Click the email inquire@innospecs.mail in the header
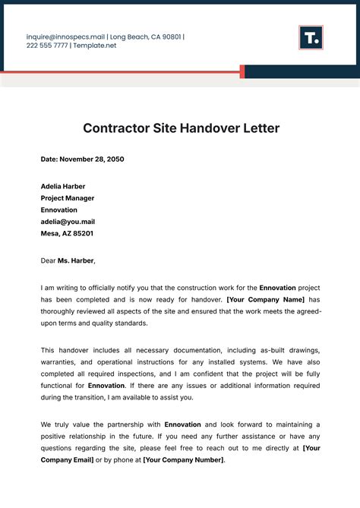[x=65, y=36]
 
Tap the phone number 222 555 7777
[x=46, y=46]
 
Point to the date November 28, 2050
[x=92, y=159]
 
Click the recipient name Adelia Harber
[x=63, y=186]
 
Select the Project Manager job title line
[x=70, y=198]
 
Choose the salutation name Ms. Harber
[x=75, y=260]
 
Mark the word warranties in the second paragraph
[x=61, y=362]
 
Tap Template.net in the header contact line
[x=96, y=46]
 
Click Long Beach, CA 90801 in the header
[x=146, y=36]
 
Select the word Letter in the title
[x=261, y=128]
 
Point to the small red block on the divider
[x=242, y=71]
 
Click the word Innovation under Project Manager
[x=58, y=210]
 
